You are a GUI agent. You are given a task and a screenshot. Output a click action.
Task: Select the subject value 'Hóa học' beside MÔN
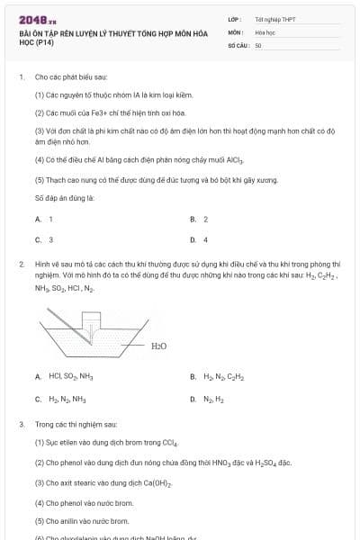264,31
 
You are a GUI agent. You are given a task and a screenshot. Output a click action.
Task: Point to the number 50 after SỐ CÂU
257,44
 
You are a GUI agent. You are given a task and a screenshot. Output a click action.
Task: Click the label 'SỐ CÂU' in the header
237,44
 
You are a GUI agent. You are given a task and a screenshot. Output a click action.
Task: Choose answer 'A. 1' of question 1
45,219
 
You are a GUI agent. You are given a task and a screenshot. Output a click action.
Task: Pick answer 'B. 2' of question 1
200,219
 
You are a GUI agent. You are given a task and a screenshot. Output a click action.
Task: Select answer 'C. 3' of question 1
45,239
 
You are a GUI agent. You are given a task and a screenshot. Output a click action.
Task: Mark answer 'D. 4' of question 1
200,239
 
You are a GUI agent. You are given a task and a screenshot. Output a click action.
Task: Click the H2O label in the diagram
158,345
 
